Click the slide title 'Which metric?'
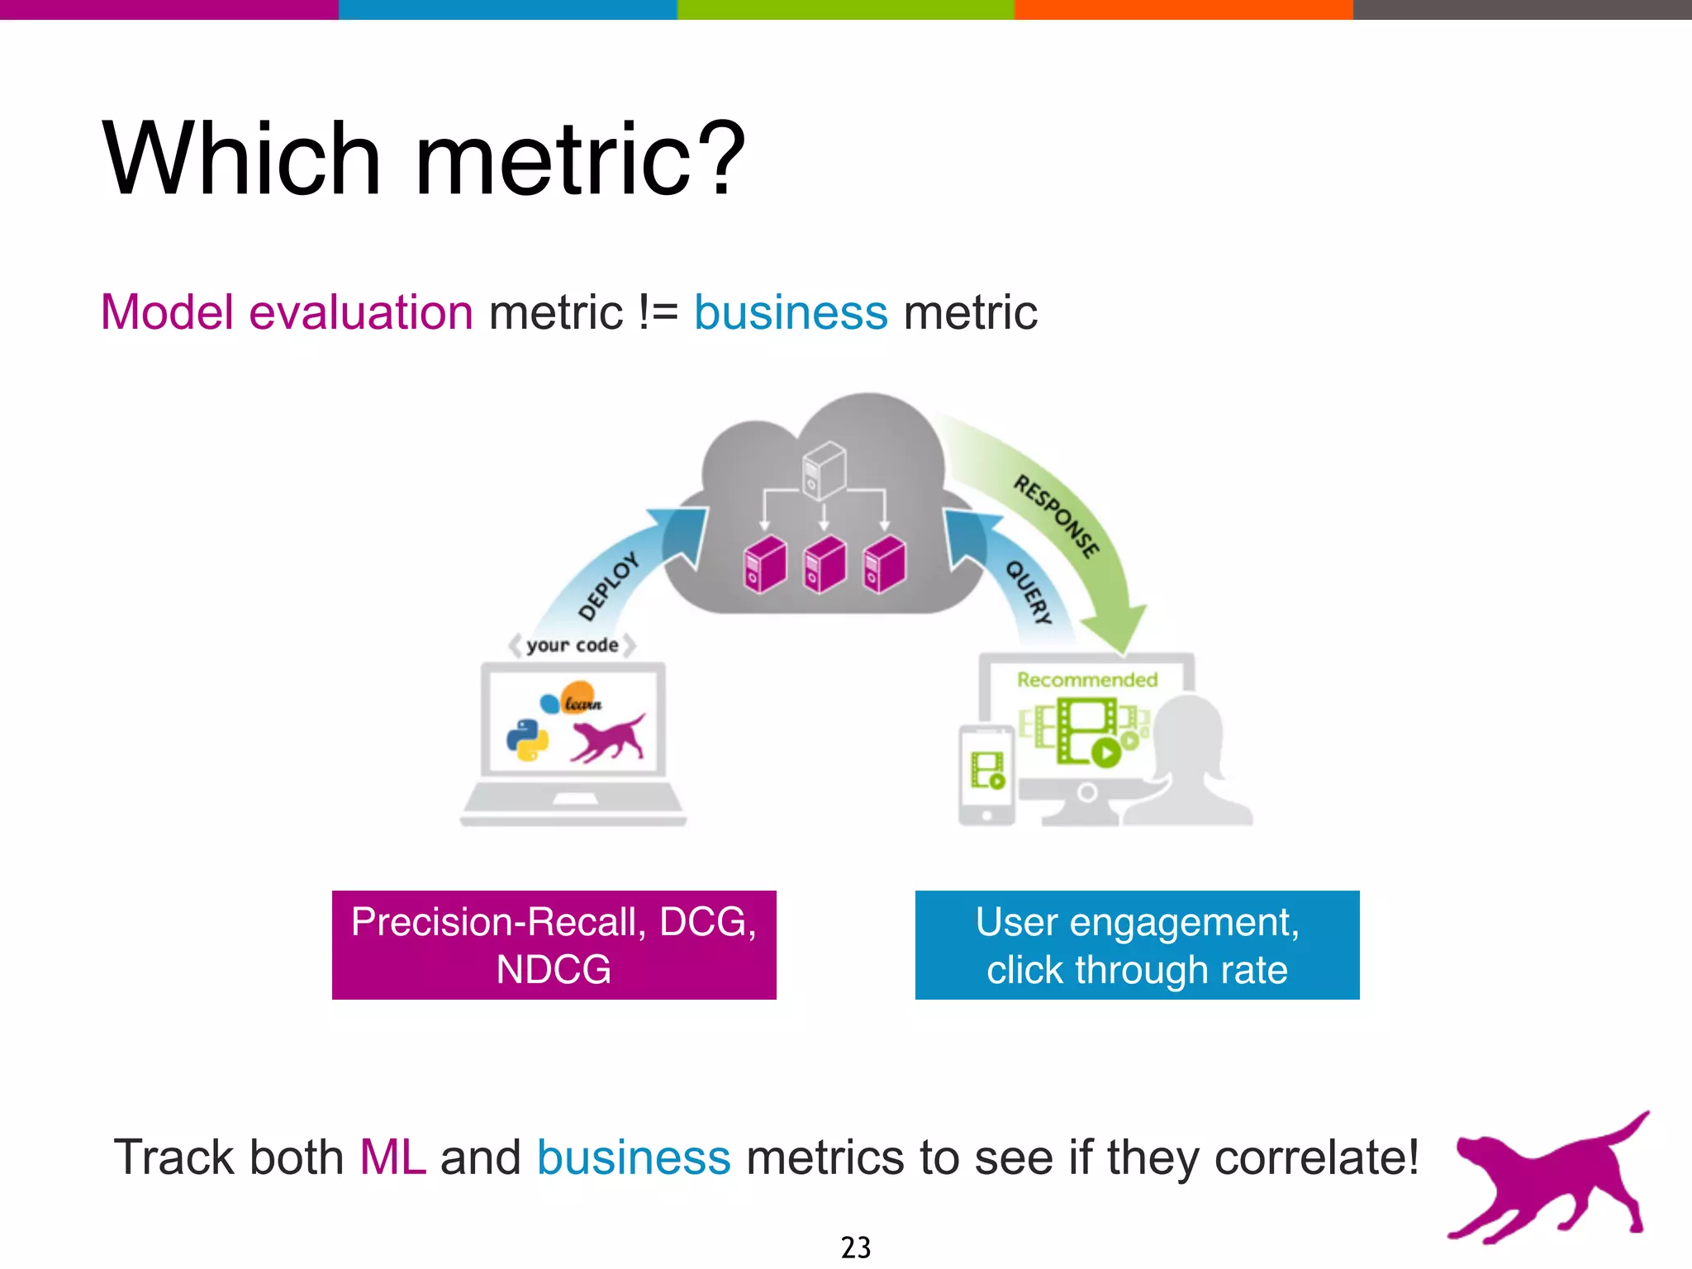pos(423,159)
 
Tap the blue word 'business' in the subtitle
pos(790,312)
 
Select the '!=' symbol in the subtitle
pos(658,312)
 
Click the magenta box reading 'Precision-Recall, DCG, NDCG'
pos(554,945)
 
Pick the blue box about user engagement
pos(1137,945)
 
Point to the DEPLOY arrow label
pos(609,586)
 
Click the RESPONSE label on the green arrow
pos(1057,516)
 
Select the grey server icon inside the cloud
pos(824,470)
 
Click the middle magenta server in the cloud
pos(825,564)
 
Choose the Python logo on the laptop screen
pos(527,740)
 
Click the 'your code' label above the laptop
pos(572,645)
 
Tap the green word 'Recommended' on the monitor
pos(1086,680)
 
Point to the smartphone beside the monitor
pos(986,774)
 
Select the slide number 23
pos(855,1247)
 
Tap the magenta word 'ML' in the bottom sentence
pos(392,1157)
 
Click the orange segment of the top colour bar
pos(1183,9)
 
